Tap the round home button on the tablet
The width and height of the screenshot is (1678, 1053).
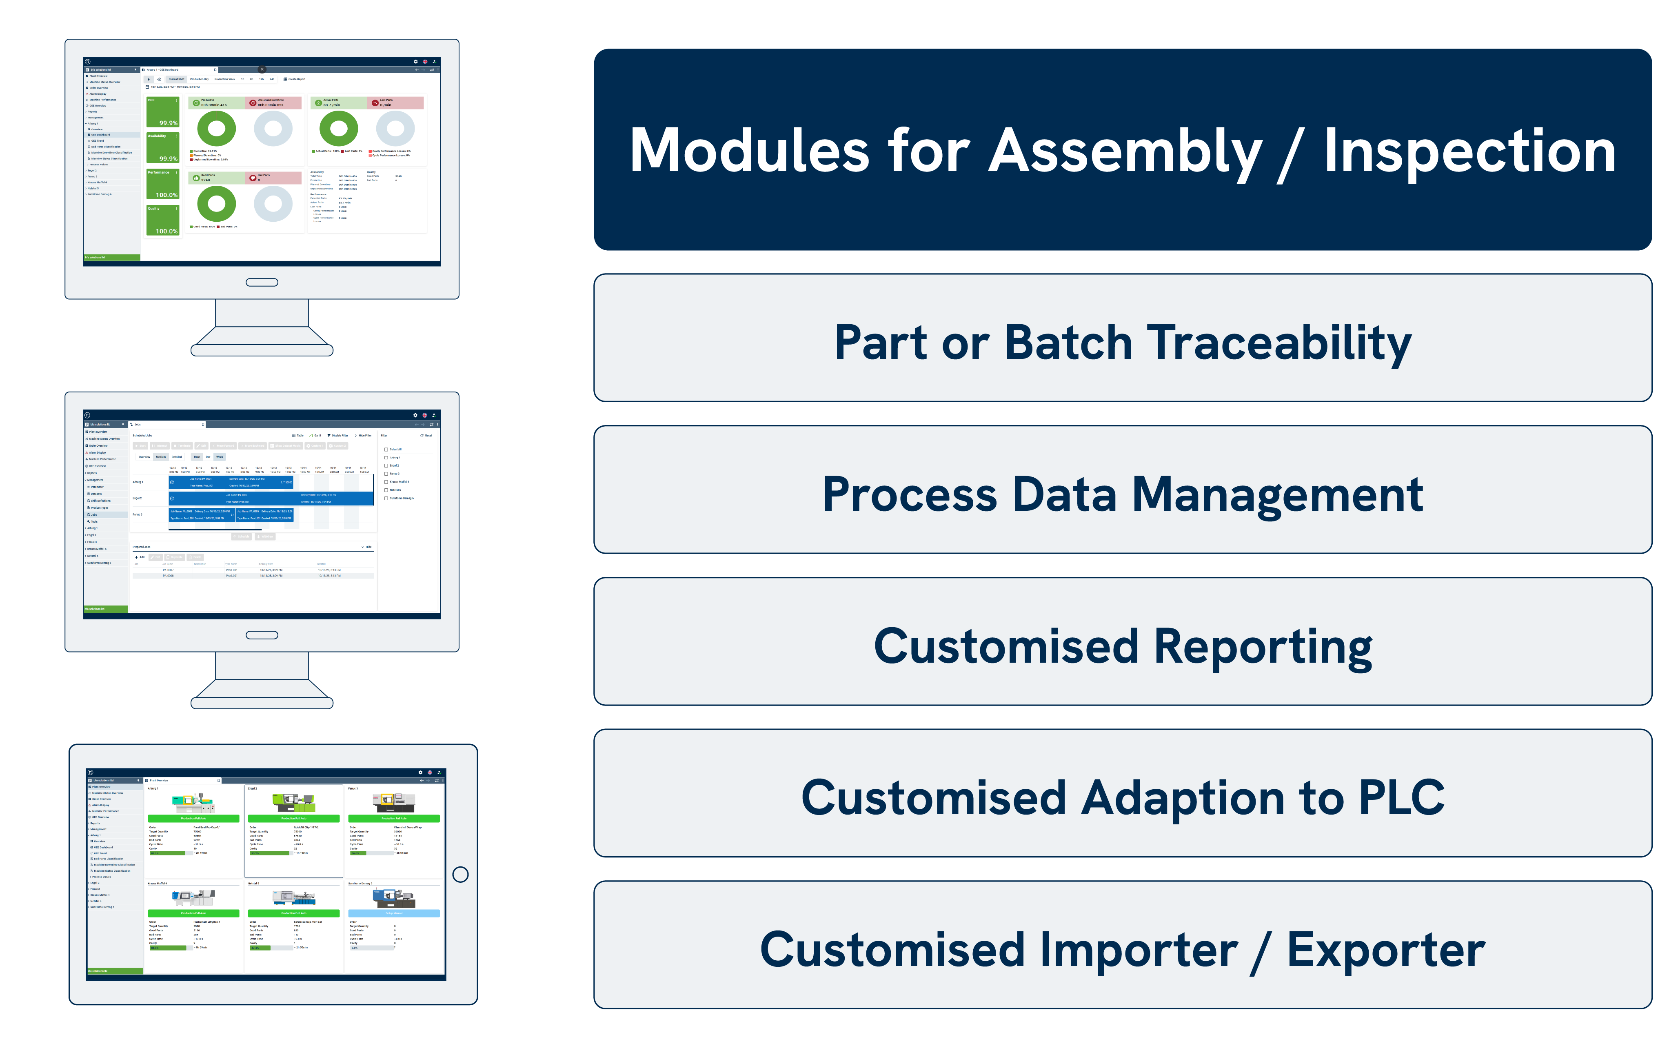[x=460, y=874]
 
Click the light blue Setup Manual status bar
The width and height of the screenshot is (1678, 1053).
[x=393, y=913]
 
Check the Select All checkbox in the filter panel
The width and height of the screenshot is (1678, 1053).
[x=386, y=449]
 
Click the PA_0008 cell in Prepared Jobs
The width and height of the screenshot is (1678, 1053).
[x=169, y=576]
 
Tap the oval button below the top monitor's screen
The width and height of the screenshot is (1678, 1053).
[x=262, y=282]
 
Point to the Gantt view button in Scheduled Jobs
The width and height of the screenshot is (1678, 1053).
[x=315, y=435]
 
